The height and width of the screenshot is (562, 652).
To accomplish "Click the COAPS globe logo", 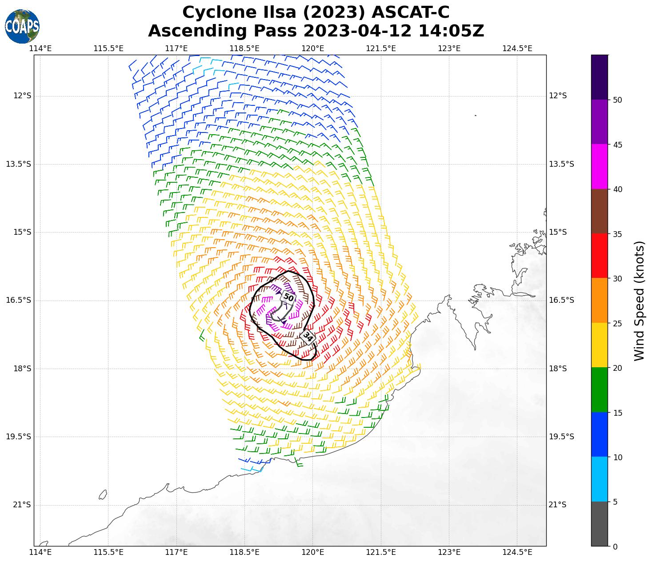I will [22, 26].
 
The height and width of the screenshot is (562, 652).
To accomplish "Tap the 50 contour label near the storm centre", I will [288, 297].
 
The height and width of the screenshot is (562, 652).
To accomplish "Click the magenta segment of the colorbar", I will [600, 167].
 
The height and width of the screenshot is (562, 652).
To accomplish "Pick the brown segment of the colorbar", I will [600, 211].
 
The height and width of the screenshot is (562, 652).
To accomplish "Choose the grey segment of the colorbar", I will [600, 524].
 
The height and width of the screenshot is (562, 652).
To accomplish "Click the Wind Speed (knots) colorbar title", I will [639, 301].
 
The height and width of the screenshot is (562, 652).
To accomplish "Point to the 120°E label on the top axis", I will [313, 48].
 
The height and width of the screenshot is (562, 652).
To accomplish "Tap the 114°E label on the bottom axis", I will [40, 553].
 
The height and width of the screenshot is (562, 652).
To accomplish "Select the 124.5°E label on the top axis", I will [517, 48].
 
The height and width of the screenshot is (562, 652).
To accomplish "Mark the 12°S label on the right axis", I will [558, 96].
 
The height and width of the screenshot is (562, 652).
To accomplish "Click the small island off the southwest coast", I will [103, 494].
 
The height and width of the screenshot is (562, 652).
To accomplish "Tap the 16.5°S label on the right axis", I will [561, 300].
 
